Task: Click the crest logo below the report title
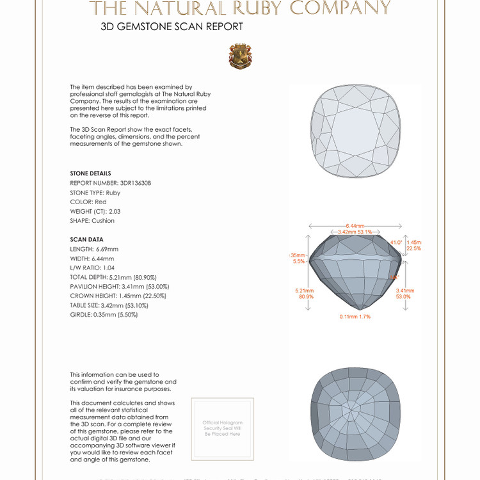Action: point(240,56)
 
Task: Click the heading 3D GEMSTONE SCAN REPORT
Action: point(172,27)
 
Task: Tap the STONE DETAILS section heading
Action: point(90,173)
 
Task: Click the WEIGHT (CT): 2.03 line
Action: point(95,211)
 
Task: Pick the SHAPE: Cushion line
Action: point(92,221)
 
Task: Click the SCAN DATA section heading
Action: point(86,239)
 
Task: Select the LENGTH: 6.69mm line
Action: point(94,249)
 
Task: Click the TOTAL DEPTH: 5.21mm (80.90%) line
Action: point(119,277)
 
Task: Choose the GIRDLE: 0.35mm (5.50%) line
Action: point(104,315)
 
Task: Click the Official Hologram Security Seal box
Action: point(222,428)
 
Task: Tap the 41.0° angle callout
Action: point(396,243)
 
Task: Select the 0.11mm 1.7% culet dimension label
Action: point(356,317)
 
